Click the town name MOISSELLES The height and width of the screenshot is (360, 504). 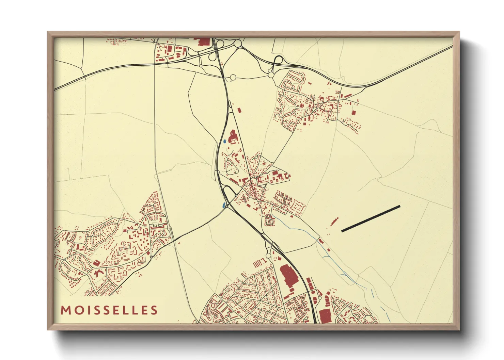pyautogui.click(x=109, y=310)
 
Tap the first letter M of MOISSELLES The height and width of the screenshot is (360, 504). pyautogui.click(x=65, y=310)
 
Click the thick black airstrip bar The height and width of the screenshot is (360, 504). pyautogui.click(x=371, y=218)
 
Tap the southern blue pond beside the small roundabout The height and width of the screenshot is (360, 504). pyautogui.click(x=223, y=205)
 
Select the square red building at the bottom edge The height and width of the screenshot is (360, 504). pyautogui.click(x=325, y=316)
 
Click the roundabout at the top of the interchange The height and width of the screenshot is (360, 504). pyautogui.click(x=238, y=43)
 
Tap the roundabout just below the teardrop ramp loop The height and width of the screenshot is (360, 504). pyautogui.click(x=271, y=75)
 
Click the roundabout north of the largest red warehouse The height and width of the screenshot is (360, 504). pyautogui.click(x=268, y=255)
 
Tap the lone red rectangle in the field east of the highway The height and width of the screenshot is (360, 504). pyautogui.click(x=239, y=111)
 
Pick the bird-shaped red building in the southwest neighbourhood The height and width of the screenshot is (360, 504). pyautogui.click(x=99, y=273)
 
